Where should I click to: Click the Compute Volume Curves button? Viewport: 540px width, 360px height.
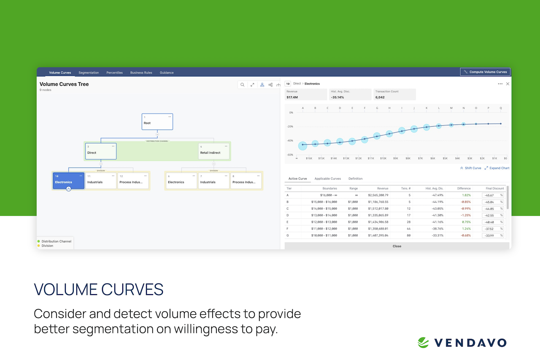tap(485, 72)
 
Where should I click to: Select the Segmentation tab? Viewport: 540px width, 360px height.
tap(89, 73)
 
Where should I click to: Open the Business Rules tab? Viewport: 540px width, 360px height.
tap(141, 73)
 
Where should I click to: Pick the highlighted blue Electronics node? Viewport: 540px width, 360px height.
tap(68, 181)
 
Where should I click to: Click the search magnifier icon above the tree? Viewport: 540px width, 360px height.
tap(243, 85)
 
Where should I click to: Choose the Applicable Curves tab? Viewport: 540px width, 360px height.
tap(327, 179)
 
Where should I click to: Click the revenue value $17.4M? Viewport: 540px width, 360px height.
tap(292, 97)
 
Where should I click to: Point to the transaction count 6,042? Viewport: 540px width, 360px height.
tap(380, 97)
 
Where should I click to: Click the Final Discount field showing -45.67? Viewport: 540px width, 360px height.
tap(490, 195)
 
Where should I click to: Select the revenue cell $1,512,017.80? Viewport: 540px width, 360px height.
tap(378, 208)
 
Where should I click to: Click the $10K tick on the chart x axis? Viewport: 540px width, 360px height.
tap(383, 158)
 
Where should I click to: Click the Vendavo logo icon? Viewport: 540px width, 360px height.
tap(423, 342)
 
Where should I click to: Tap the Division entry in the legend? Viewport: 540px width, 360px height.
tap(47, 246)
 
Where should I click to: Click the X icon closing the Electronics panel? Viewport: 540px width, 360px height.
tap(508, 84)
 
